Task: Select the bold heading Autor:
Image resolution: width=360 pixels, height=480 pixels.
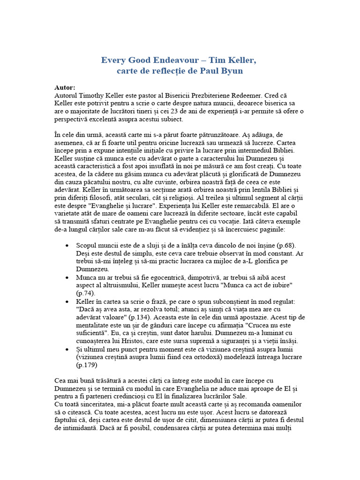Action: tap(65, 87)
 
